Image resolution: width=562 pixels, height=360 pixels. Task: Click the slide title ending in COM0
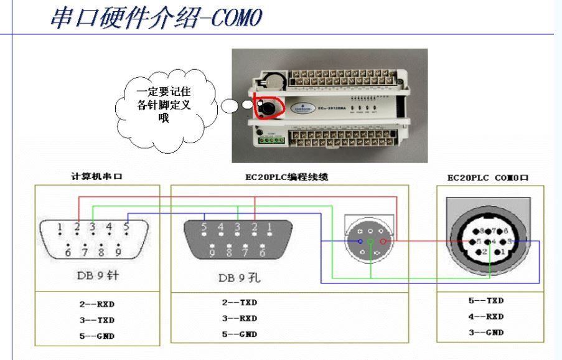click(156, 17)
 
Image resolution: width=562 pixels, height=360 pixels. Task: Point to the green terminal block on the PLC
click(269, 139)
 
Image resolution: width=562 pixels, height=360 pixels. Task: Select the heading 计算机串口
click(96, 176)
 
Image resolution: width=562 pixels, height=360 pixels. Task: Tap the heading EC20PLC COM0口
click(488, 178)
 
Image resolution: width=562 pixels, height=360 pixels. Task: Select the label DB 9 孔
click(239, 278)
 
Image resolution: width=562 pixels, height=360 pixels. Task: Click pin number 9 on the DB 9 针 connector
click(118, 253)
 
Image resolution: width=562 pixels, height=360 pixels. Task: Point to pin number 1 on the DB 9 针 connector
click(60, 227)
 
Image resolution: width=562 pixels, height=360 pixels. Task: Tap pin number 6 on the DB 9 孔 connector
click(262, 253)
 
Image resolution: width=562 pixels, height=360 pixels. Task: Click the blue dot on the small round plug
click(360, 241)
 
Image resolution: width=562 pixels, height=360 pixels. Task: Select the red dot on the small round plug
click(383, 241)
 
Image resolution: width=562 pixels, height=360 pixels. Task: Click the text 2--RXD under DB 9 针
click(96, 305)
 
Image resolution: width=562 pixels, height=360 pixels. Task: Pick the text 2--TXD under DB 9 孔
click(239, 302)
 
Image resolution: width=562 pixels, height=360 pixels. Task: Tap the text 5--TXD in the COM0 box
click(486, 300)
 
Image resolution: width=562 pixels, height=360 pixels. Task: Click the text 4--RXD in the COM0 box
click(486, 316)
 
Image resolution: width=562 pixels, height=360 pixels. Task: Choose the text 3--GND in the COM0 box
click(486, 333)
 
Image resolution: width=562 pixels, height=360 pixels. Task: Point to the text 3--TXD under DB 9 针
click(96, 320)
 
